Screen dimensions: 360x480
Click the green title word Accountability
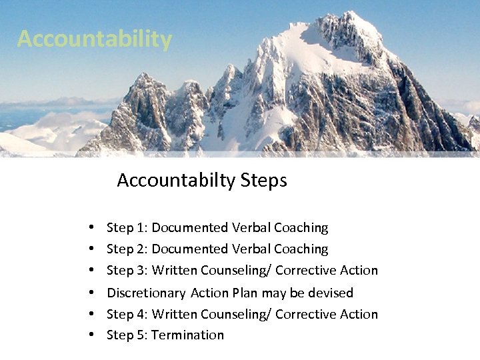click(95, 39)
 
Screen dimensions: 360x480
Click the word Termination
click(188, 335)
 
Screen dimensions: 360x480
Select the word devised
click(331, 293)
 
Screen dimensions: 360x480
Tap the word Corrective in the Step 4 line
click(307, 314)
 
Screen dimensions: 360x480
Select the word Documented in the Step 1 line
click(190, 228)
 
